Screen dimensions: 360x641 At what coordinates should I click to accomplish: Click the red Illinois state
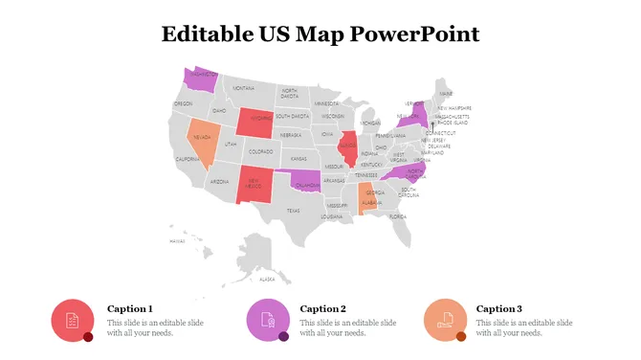(349, 149)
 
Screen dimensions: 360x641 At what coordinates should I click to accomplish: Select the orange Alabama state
(365, 200)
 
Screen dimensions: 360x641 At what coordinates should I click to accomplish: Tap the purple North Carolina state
(405, 173)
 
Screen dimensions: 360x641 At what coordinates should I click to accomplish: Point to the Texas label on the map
(293, 211)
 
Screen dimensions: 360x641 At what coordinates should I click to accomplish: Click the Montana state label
(243, 88)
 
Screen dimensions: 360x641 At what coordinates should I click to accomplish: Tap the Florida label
(399, 216)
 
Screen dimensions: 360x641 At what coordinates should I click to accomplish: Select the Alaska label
(267, 280)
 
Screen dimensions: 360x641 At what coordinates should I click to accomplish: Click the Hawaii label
(177, 241)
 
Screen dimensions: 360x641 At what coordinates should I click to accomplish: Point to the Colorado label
(260, 151)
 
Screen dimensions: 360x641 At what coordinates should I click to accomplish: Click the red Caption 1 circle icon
(71, 320)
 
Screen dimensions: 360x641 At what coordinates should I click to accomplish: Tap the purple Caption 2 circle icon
(266, 320)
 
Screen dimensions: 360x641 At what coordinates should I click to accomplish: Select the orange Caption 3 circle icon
(444, 320)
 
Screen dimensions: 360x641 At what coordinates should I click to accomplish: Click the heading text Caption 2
(322, 308)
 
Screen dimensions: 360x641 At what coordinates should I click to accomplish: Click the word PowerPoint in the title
(414, 34)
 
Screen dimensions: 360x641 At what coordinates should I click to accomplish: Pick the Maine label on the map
(447, 93)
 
